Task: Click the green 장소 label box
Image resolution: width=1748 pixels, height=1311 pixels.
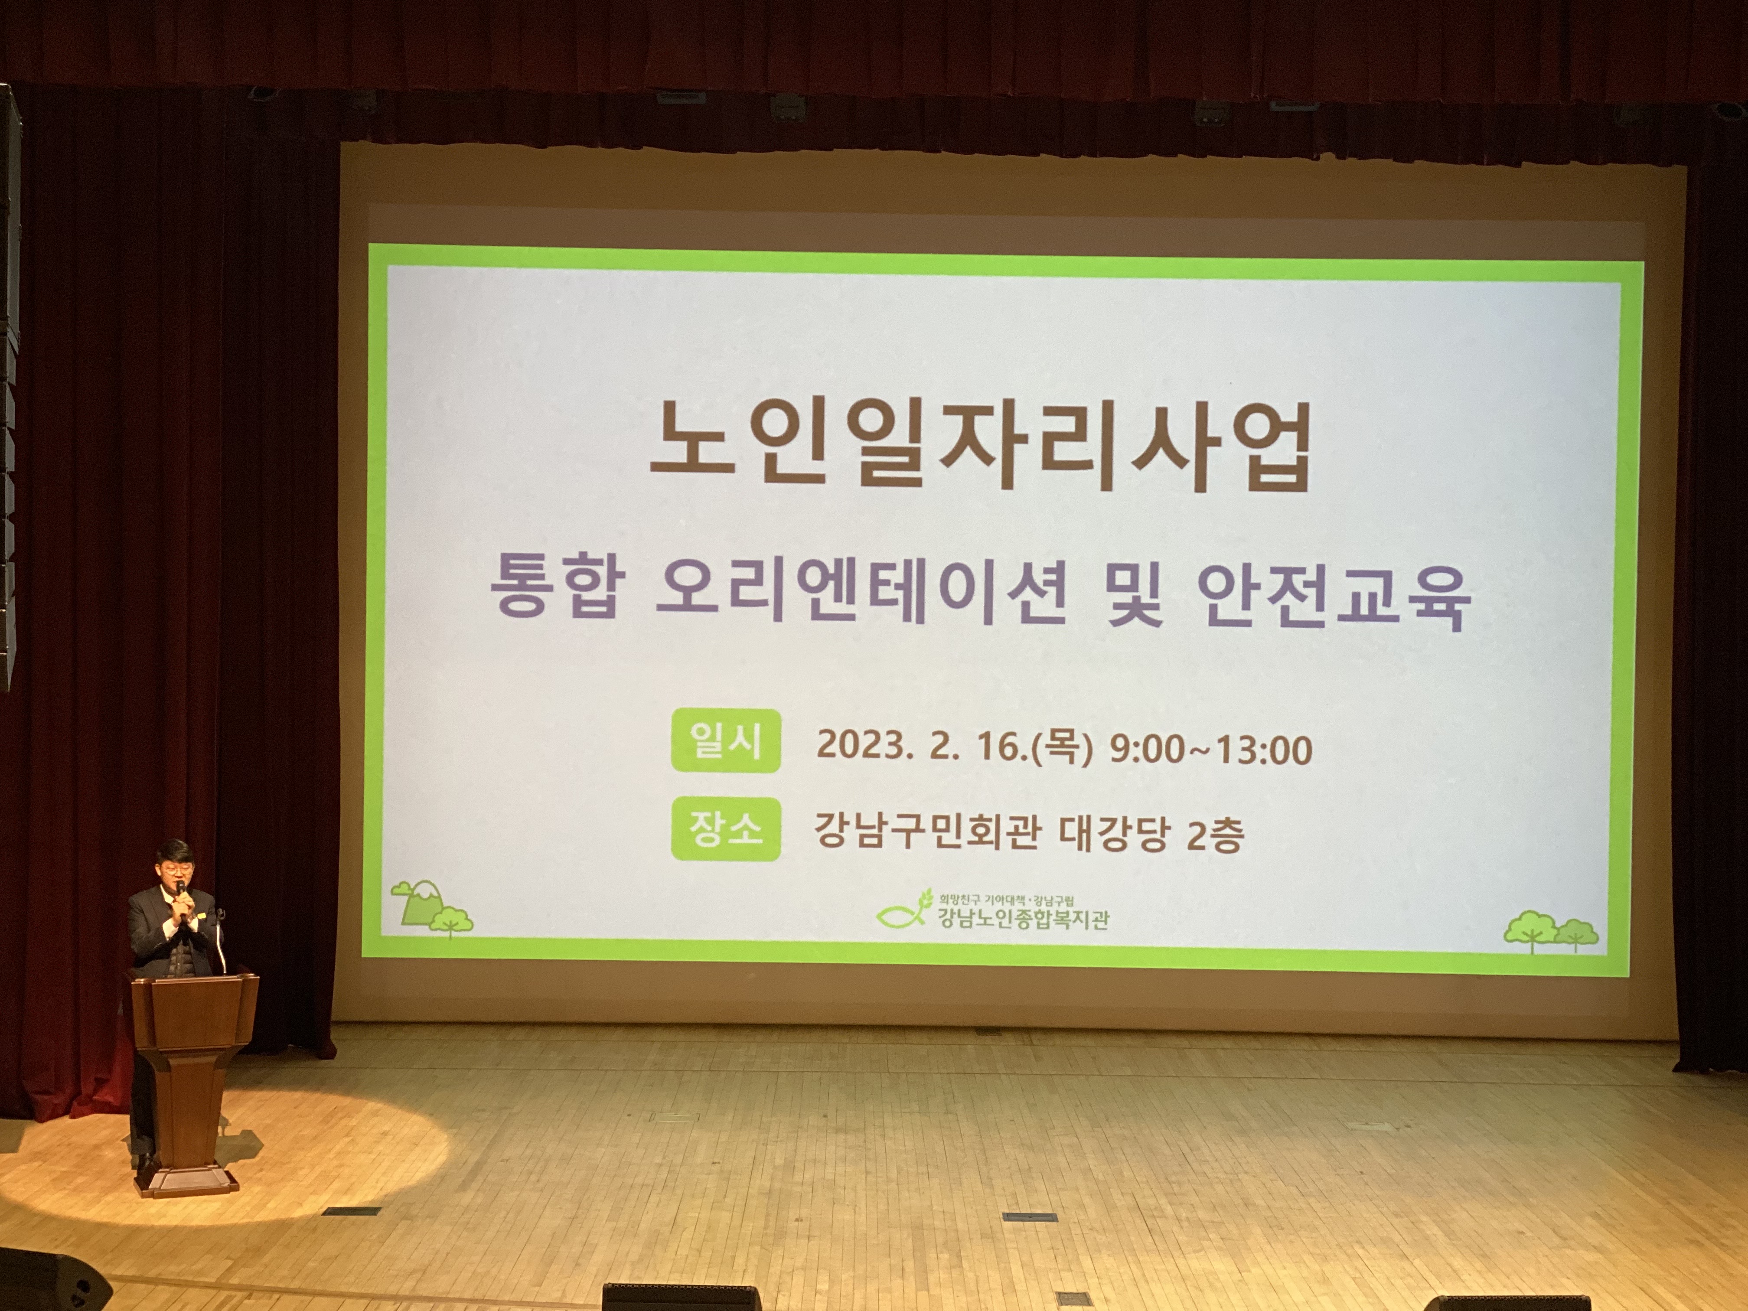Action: [x=725, y=829]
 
